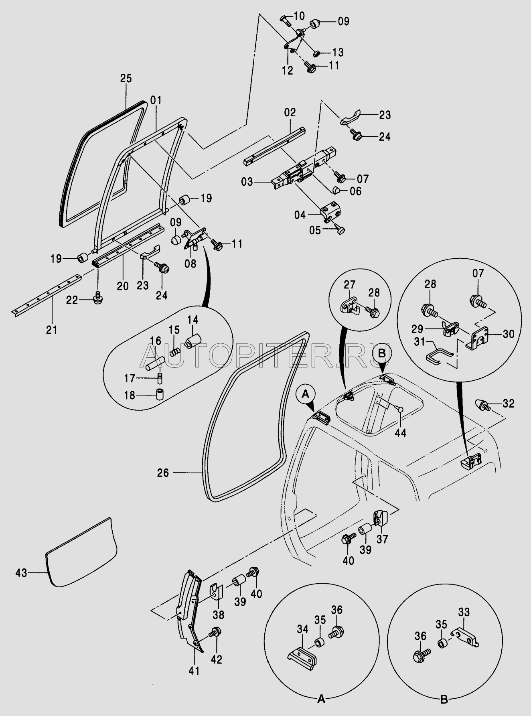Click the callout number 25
pos(126,78)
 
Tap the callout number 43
pos(22,573)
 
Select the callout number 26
pos(163,473)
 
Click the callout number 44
pos(401,433)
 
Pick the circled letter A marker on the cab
pos(305,395)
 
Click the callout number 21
pos(52,330)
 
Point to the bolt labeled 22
pos(97,299)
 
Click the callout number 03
pos(247,183)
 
